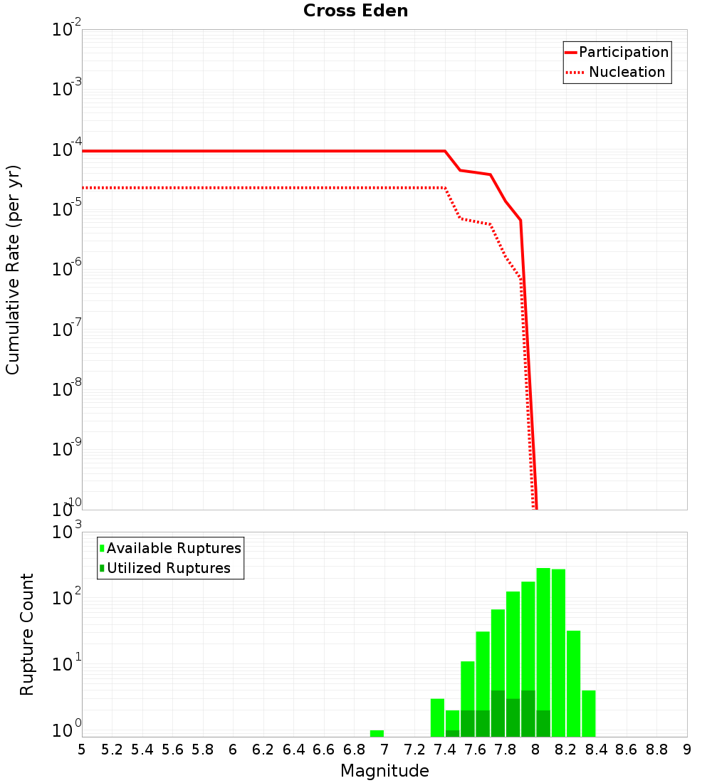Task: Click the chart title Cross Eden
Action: [x=355, y=11]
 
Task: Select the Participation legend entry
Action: [x=617, y=52]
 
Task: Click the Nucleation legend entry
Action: [x=617, y=72]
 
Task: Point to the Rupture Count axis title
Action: [x=27, y=634]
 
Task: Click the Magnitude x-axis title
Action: [x=384, y=770]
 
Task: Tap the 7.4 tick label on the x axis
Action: [x=445, y=749]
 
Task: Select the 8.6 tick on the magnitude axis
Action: [x=627, y=749]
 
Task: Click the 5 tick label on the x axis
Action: [x=82, y=749]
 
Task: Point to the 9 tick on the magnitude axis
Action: [x=687, y=749]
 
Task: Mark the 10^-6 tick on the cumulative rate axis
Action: [x=67, y=270]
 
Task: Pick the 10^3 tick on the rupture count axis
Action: [x=67, y=532]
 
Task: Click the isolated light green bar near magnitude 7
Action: [x=377, y=733]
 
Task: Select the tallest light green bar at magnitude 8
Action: [x=543, y=641]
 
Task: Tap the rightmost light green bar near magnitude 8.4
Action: [x=588, y=713]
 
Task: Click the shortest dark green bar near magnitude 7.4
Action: [x=452, y=733]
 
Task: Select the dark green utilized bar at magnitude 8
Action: [x=543, y=723]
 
